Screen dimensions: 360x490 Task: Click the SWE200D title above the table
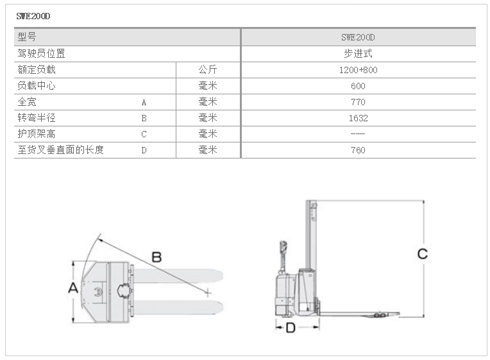pyautogui.click(x=33, y=17)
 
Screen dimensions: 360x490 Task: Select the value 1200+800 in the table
pyautogui.click(x=358, y=70)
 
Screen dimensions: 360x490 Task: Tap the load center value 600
pyautogui.click(x=358, y=86)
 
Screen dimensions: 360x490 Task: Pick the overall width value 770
pyautogui.click(x=358, y=102)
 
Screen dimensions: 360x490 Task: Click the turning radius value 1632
pyautogui.click(x=358, y=118)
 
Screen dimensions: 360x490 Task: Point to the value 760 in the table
pyautogui.click(x=358, y=150)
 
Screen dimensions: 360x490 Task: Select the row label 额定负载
pyautogui.click(x=37, y=70)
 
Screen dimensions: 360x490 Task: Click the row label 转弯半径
pyautogui.click(x=37, y=118)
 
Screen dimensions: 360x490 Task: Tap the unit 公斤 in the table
pyautogui.click(x=208, y=70)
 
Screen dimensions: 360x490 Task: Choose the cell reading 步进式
pyautogui.click(x=358, y=54)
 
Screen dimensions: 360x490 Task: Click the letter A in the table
pyautogui.click(x=144, y=102)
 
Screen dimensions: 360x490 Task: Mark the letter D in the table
pyautogui.click(x=144, y=150)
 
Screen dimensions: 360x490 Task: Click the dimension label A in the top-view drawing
pyautogui.click(x=72, y=288)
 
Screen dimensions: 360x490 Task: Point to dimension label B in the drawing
pyautogui.click(x=156, y=257)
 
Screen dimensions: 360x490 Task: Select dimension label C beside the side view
pyautogui.click(x=422, y=254)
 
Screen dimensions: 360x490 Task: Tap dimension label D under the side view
pyautogui.click(x=291, y=328)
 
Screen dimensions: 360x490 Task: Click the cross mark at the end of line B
pyautogui.click(x=208, y=293)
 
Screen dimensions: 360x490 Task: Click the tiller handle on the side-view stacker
pyautogui.click(x=282, y=246)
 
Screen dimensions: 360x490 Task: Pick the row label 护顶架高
pyautogui.click(x=37, y=134)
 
